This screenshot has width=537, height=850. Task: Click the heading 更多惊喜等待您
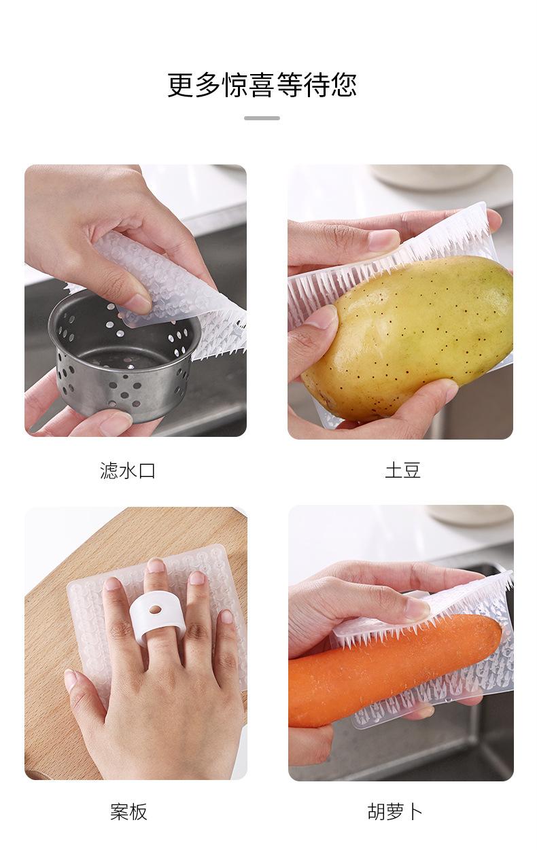[x=262, y=86]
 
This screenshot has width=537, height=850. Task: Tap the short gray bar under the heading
[x=262, y=118]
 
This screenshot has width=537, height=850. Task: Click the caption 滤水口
[x=128, y=470]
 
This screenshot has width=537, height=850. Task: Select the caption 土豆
[x=402, y=470]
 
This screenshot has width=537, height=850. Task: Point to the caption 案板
[x=128, y=811]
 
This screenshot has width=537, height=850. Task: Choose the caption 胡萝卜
[x=395, y=811]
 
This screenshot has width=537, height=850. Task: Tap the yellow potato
[x=415, y=340]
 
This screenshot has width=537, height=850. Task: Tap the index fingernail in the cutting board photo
[x=113, y=584]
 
